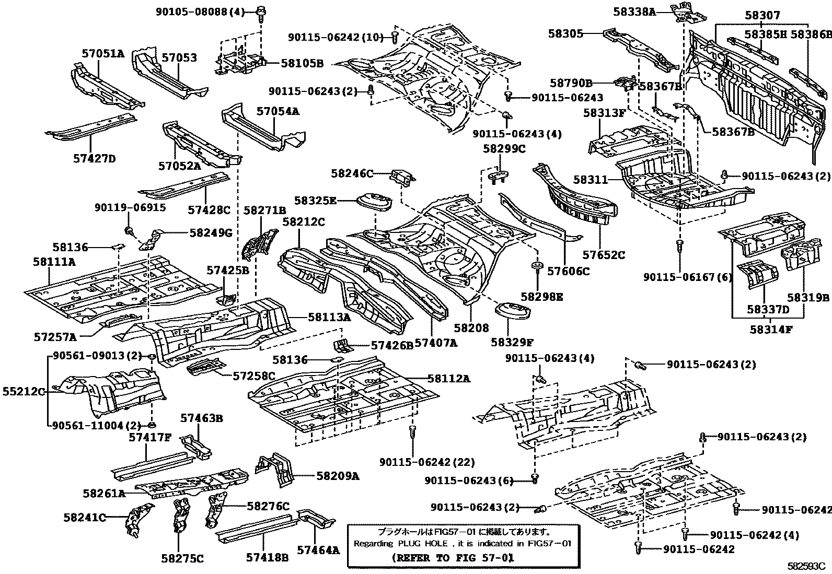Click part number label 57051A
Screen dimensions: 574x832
coord(103,53)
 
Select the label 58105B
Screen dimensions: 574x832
coord(302,63)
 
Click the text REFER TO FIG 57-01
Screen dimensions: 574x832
coord(453,557)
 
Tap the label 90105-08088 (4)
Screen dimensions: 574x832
coord(201,11)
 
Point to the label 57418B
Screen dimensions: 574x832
coord(267,557)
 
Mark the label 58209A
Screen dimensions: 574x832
coord(337,476)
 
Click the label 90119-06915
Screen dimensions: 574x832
coord(130,207)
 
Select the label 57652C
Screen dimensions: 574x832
coord(604,255)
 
